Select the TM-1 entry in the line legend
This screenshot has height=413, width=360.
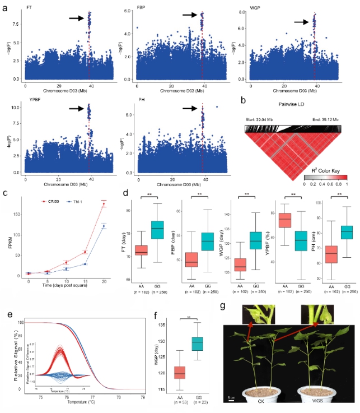[85, 199]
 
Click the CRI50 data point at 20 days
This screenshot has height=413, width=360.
[104, 205]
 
